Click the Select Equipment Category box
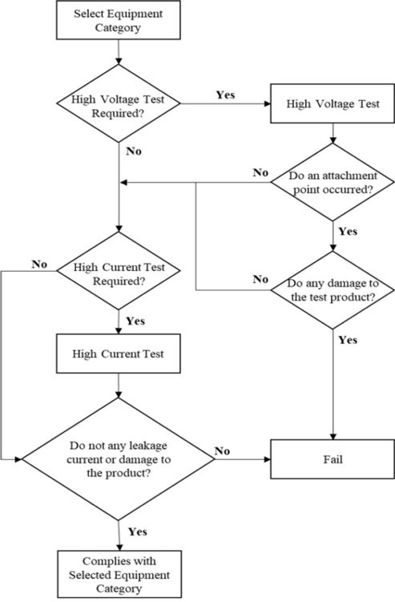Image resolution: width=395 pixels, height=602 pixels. pyautogui.click(x=118, y=20)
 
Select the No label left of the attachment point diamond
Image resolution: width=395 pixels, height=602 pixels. pyautogui.click(x=260, y=172)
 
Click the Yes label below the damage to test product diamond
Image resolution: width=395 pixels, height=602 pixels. pyautogui.click(x=347, y=339)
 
